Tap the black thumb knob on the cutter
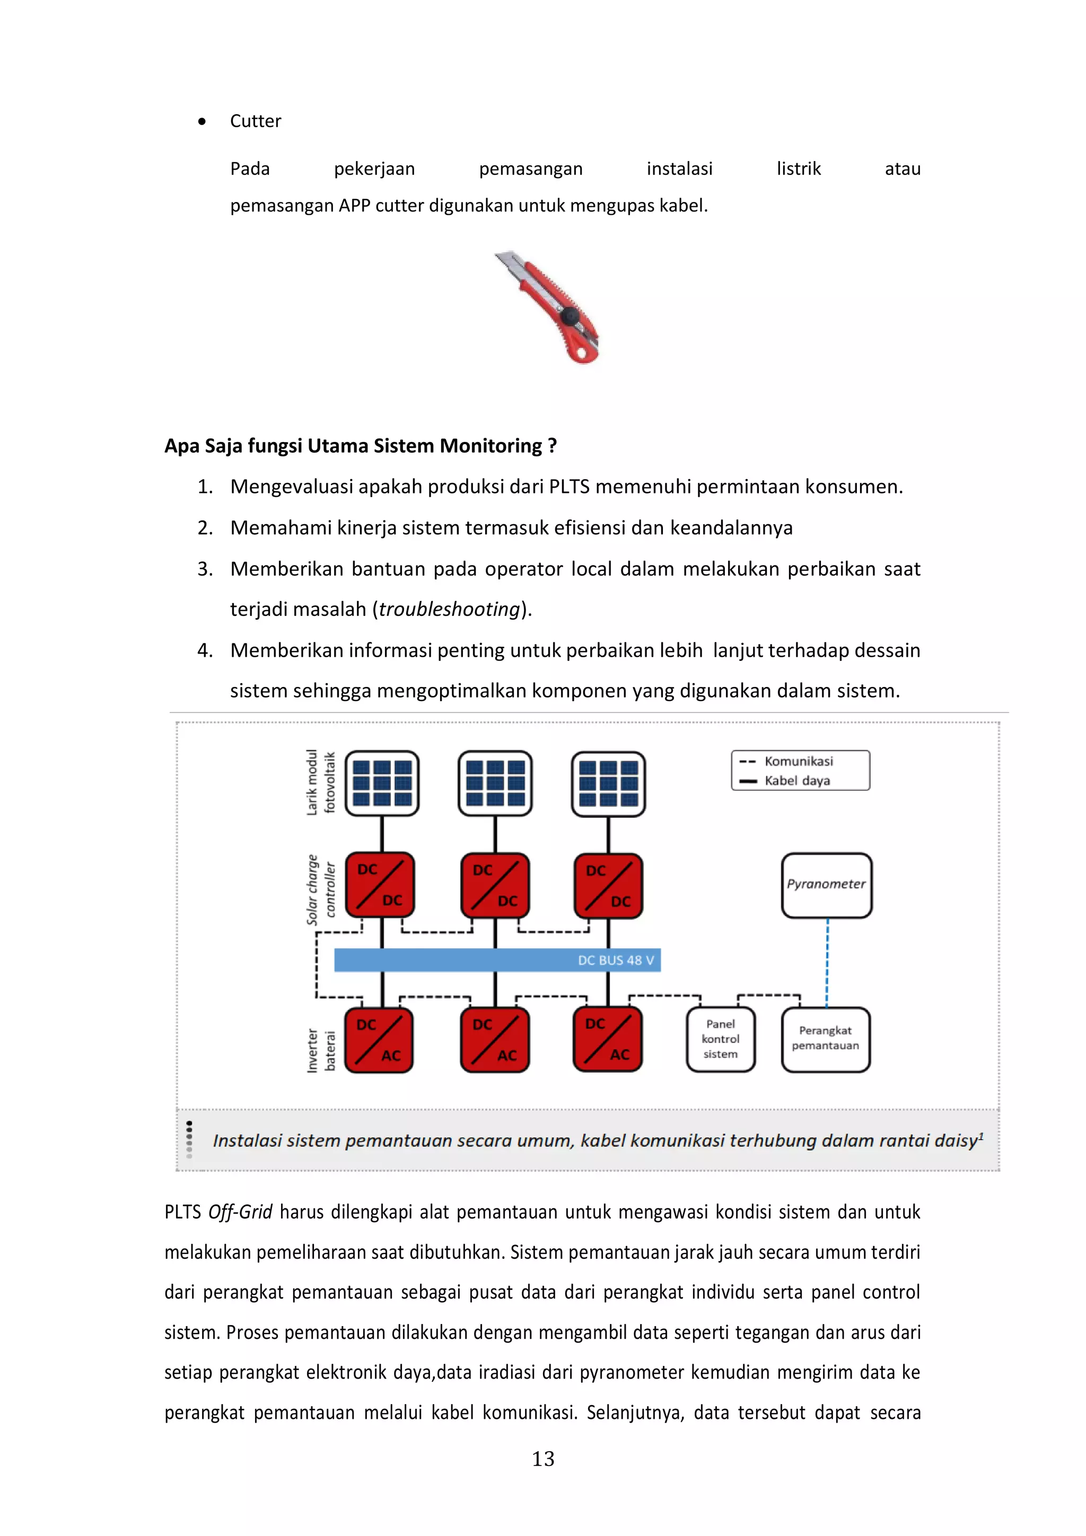570,314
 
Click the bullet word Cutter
255,121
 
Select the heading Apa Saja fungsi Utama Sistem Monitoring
360,446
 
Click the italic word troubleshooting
449,609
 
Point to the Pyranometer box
826,885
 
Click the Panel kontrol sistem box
720,1039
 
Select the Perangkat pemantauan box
825,1039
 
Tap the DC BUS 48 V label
615,960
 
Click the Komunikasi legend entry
798,761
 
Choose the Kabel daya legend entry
796,781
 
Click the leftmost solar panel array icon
382,783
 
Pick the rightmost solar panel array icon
608,783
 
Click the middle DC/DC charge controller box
495,885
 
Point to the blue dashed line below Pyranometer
827,964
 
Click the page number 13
542,1459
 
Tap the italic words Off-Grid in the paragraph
240,1212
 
